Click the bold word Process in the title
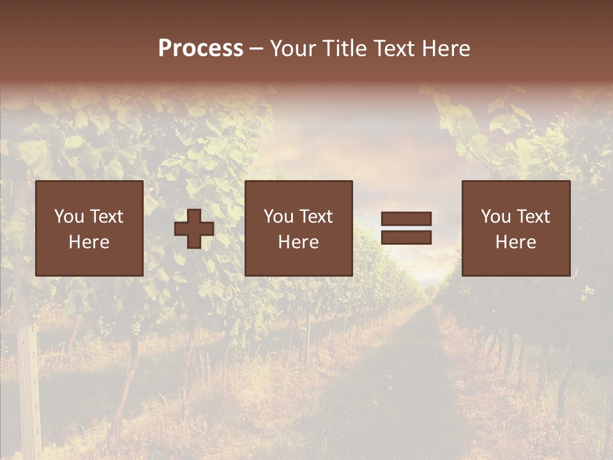(x=201, y=49)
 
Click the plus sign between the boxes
(x=194, y=229)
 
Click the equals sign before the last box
(x=406, y=228)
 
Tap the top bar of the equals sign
(x=406, y=219)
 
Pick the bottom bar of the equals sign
(x=406, y=237)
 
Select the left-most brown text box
(x=89, y=228)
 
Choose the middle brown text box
(x=298, y=228)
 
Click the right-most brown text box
(x=516, y=228)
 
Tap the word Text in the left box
(x=106, y=217)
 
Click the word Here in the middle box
(x=298, y=242)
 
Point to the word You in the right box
(x=496, y=217)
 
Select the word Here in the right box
(x=516, y=242)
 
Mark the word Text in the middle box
(x=315, y=217)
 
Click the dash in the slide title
(x=256, y=49)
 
